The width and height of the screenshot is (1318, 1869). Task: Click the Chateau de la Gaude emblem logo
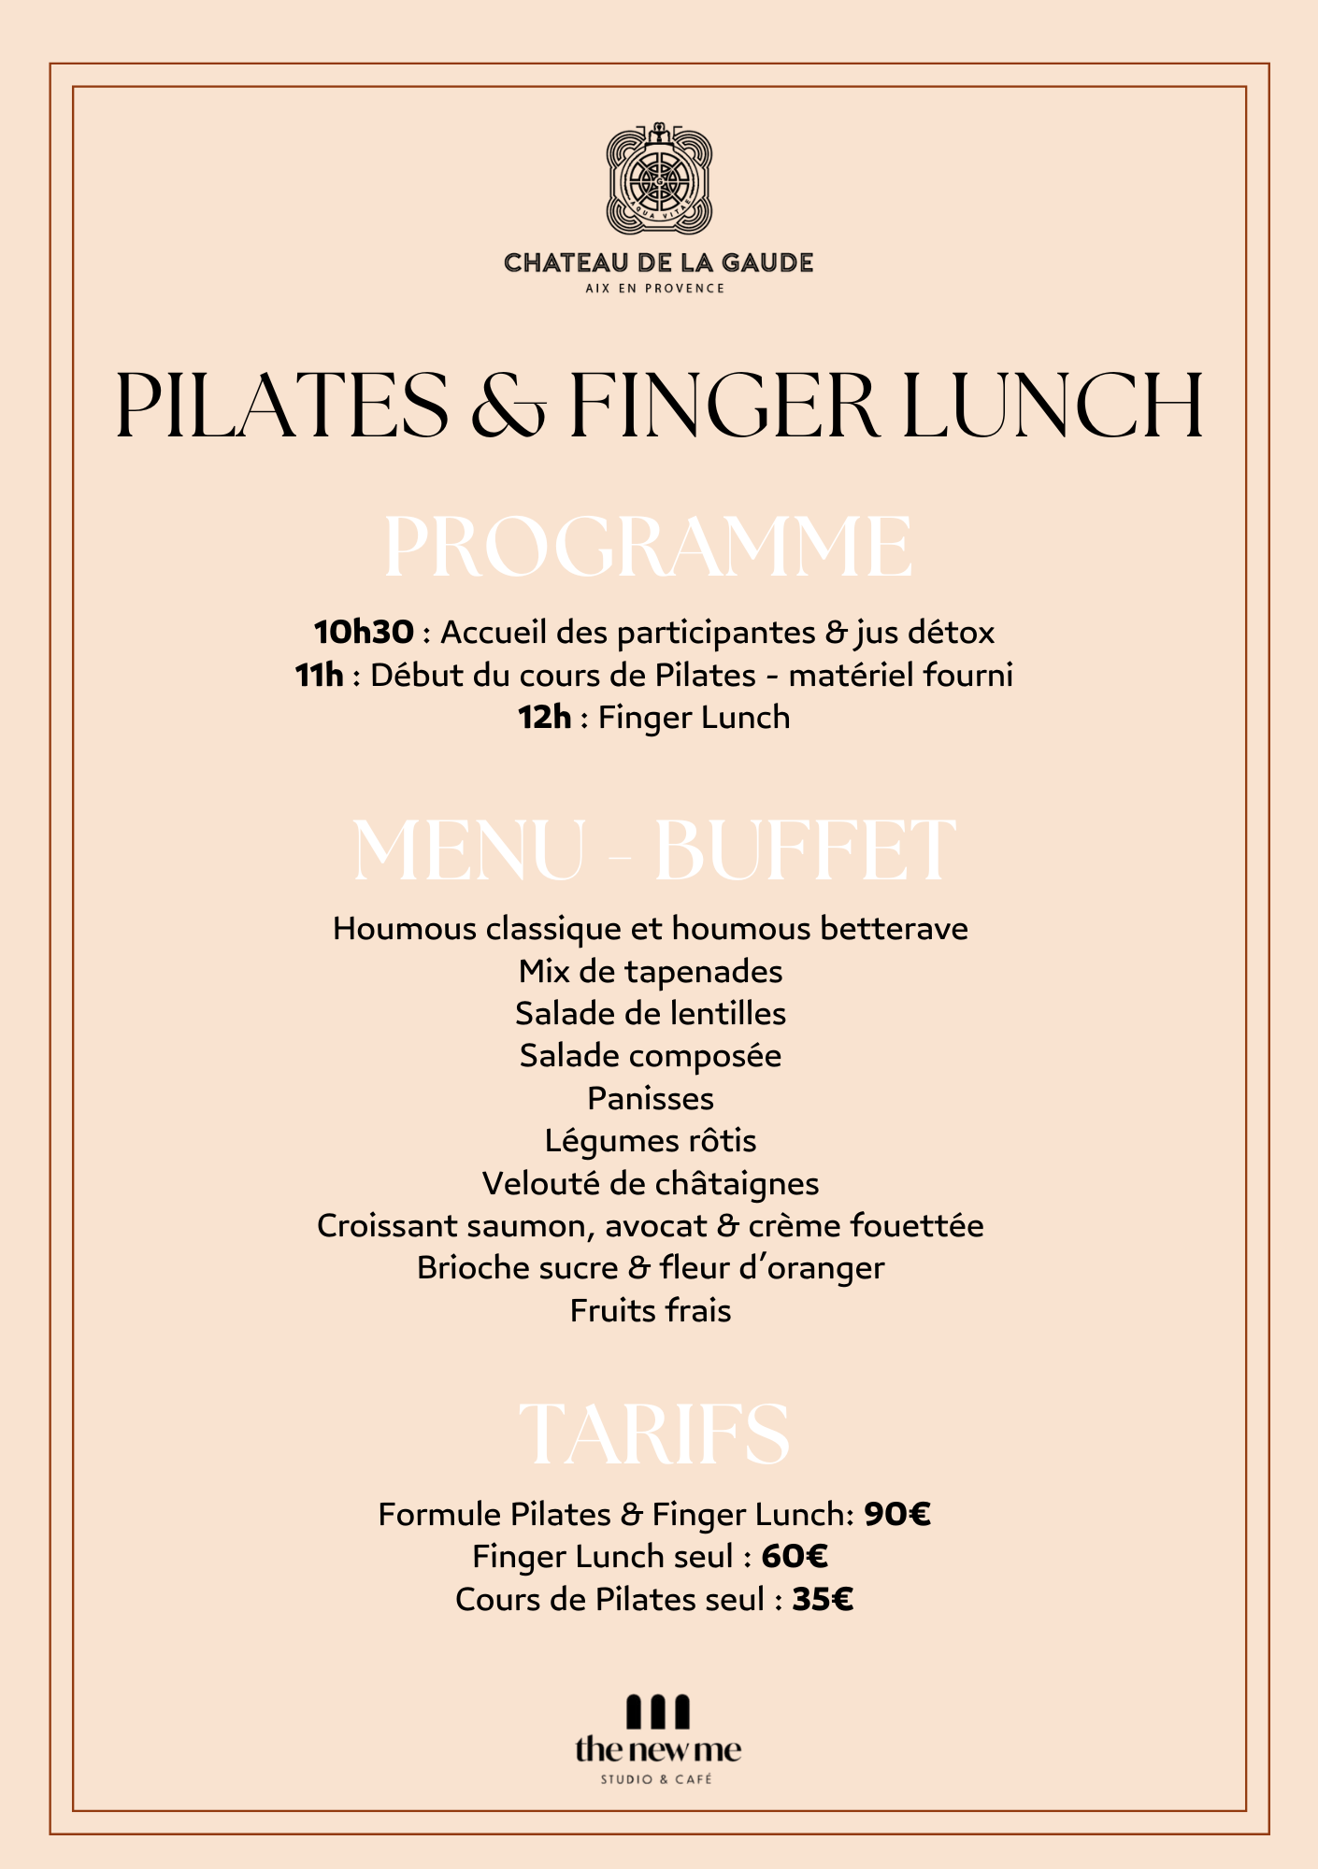click(x=659, y=178)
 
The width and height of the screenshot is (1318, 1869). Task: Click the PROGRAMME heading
click(x=648, y=548)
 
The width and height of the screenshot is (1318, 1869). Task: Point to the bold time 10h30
click(x=364, y=633)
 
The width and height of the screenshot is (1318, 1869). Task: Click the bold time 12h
click(x=544, y=718)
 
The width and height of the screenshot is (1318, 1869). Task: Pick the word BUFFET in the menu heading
click(x=805, y=850)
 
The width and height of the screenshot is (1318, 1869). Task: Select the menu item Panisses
click(x=651, y=1098)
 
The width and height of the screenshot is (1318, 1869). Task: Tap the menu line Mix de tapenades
click(x=651, y=971)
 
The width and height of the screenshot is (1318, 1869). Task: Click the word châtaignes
click(x=737, y=1184)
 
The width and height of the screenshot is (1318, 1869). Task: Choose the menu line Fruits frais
click(x=651, y=1310)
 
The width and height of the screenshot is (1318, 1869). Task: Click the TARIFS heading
click(x=654, y=1434)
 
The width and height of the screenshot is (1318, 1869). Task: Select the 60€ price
click(x=795, y=1557)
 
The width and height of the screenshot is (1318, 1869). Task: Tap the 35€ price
click(x=823, y=1600)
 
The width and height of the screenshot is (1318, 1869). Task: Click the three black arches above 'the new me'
click(x=657, y=1712)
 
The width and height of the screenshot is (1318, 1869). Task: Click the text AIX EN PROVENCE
click(x=655, y=288)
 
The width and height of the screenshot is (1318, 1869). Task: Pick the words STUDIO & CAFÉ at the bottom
click(x=656, y=1779)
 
